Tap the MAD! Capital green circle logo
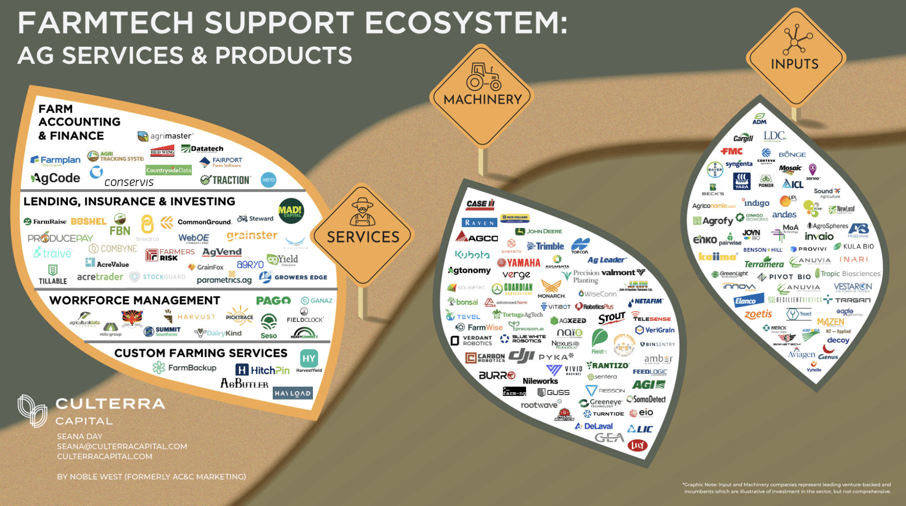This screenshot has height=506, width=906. pyautogui.click(x=291, y=211)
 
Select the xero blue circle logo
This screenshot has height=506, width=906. pyautogui.click(x=268, y=180)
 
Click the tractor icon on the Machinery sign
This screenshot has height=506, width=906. pyautogui.click(x=483, y=76)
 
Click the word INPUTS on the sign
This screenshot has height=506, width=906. pyautogui.click(x=795, y=64)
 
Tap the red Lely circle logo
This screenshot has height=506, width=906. pyautogui.click(x=637, y=445)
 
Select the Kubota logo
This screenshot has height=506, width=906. pyautogui.click(x=472, y=255)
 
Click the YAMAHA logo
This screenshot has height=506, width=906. pyautogui.click(x=519, y=262)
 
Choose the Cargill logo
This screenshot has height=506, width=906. pyautogui.click(x=743, y=138)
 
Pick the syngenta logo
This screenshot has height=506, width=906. pyautogui.click(x=739, y=164)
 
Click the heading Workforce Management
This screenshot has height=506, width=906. pyautogui.click(x=134, y=300)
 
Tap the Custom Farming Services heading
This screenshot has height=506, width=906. pyautogui.click(x=201, y=353)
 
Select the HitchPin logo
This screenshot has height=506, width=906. pyautogui.click(x=262, y=370)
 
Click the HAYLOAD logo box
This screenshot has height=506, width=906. pyautogui.click(x=293, y=393)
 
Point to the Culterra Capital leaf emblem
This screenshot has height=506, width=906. pyautogui.click(x=32, y=411)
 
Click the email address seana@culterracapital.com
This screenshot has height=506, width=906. pyautogui.click(x=122, y=446)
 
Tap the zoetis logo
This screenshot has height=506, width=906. pyautogui.click(x=758, y=314)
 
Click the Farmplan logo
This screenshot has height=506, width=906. pyautogui.click(x=55, y=160)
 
